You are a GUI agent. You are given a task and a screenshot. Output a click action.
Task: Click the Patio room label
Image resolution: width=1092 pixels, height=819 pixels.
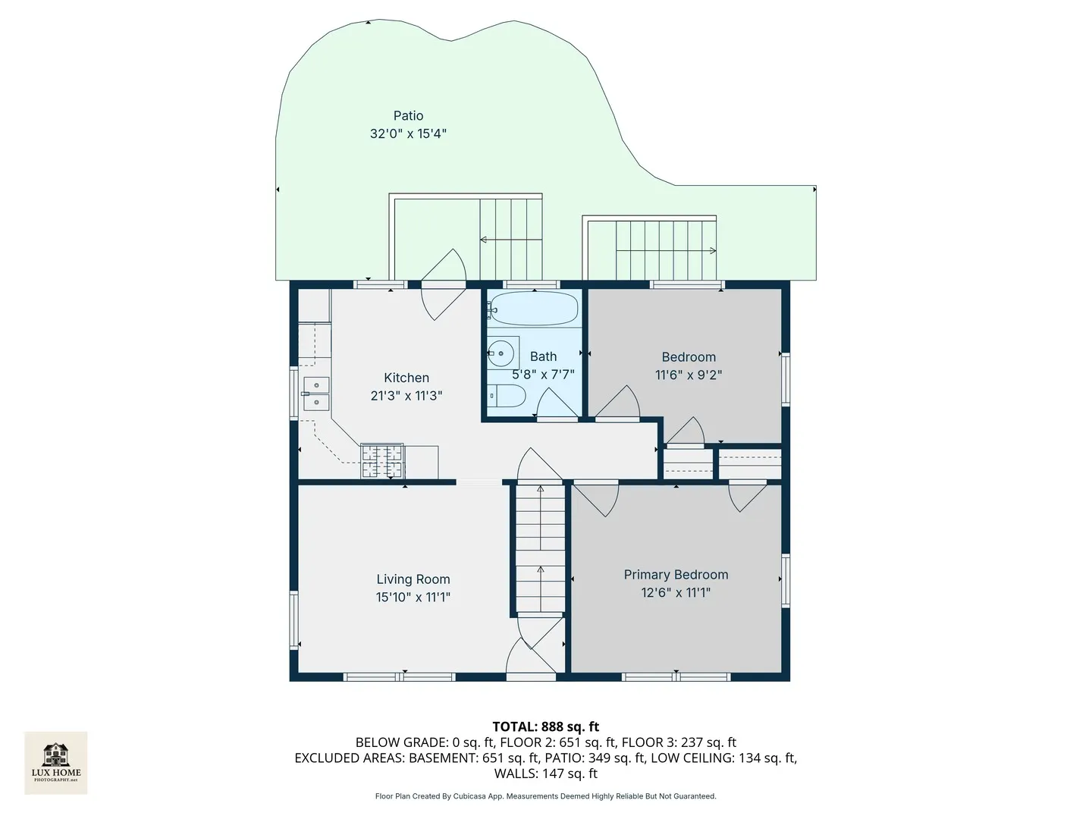click(x=408, y=116)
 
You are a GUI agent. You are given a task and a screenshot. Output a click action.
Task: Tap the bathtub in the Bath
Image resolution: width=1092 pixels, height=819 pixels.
click(x=533, y=309)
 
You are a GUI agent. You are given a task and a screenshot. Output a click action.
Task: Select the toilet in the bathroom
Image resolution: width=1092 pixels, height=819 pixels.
click(x=506, y=396)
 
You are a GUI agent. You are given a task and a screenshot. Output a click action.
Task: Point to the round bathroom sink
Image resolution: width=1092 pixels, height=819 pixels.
click(x=503, y=353)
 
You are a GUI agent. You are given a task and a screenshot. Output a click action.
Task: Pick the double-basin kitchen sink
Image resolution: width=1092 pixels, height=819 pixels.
click(x=316, y=394)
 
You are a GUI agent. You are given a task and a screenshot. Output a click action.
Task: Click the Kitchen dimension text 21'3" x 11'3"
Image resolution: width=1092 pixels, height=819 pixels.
click(x=406, y=396)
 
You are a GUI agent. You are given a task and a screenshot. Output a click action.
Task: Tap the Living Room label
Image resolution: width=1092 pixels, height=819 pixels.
click(x=413, y=579)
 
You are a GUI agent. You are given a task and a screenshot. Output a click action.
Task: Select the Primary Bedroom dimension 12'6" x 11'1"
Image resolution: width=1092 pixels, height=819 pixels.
click(x=676, y=593)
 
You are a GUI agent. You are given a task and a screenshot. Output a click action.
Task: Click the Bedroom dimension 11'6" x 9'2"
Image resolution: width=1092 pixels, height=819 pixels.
click(x=689, y=375)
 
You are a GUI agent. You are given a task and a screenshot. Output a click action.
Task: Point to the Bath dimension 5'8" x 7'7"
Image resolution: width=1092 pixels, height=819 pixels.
click(x=543, y=375)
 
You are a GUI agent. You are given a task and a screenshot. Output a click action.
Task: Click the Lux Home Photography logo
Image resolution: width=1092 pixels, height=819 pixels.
click(x=55, y=763)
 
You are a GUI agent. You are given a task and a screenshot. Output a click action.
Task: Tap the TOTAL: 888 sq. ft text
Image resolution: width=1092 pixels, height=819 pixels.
click(x=546, y=726)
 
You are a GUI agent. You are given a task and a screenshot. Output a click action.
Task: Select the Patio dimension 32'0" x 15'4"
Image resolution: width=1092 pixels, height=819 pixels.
click(x=408, y=133)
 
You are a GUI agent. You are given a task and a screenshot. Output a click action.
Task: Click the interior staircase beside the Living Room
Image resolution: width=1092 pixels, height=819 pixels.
click(x=540, y=550)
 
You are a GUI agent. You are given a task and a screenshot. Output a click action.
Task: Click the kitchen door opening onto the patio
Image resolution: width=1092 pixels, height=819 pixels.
click(x=443, y=284)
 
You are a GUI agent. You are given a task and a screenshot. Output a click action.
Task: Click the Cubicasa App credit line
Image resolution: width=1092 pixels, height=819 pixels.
click(x=546, y=796)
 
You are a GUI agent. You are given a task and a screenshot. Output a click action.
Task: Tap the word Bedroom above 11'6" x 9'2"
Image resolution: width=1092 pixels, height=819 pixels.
click(x=689, y=357)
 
